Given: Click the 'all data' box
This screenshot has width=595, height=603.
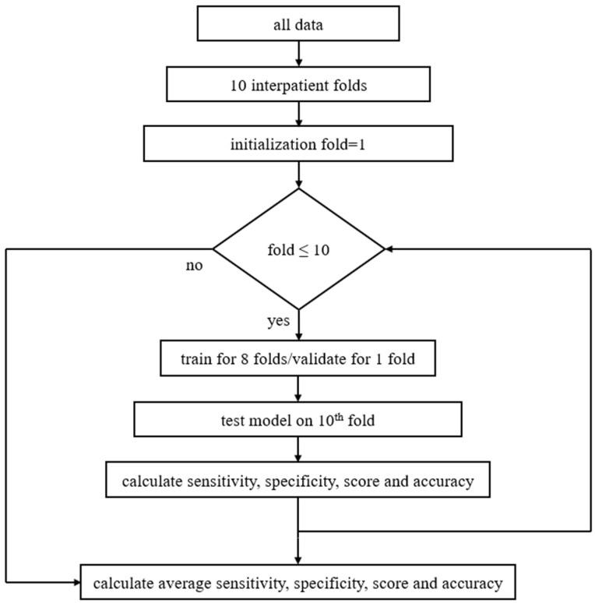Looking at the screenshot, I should point(298,24).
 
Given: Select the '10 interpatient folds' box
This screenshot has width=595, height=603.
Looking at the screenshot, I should point(298,85).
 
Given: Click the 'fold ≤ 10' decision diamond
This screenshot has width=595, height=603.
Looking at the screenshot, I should point(298,249).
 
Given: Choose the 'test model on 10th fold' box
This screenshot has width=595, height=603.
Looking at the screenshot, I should point(298,420).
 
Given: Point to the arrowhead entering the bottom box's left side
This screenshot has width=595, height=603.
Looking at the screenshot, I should point(77,582).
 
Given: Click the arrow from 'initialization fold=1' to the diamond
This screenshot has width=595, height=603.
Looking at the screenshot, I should point(298,175).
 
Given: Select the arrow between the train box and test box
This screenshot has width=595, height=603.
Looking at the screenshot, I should point(298,389).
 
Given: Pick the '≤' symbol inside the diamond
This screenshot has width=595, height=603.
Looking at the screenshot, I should point(297,249).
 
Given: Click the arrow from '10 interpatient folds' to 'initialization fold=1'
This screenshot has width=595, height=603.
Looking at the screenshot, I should point(298,114).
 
